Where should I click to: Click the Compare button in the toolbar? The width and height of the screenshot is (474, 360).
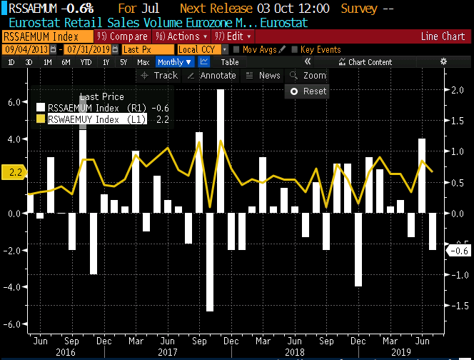tap(122, 36)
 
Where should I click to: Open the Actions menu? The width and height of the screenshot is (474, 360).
tap(181, 36)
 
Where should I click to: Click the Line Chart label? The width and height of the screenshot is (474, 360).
tap(443, 36)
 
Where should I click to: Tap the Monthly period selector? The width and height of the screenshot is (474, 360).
tap(175, 62)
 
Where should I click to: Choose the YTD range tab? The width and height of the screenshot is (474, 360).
tap(86, 62)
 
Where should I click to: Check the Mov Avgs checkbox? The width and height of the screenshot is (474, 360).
tap(236, 49)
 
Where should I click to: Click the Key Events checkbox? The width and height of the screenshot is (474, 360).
tap(295, 49)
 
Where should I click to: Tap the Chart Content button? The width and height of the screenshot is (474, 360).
tap(365, 62)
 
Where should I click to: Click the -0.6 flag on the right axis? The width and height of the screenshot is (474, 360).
tap(458, 250)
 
